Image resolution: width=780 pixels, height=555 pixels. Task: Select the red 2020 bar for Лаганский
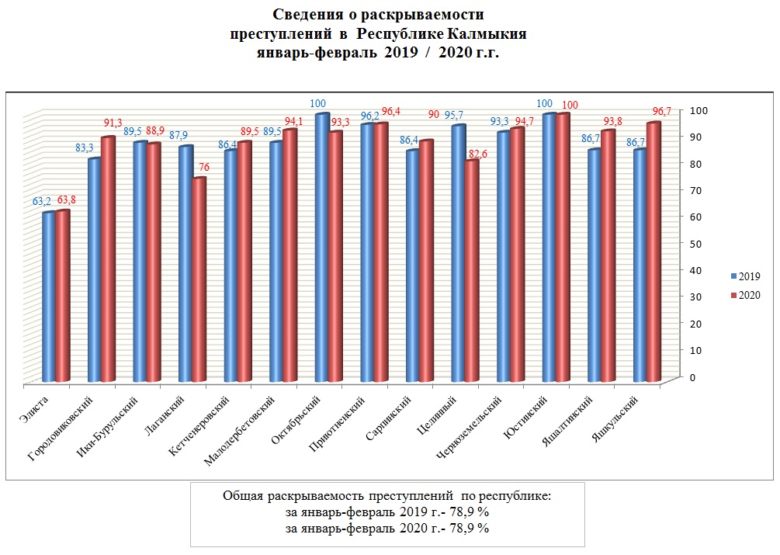pos(199,279)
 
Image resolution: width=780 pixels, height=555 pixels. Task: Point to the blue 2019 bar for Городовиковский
pos(94,269)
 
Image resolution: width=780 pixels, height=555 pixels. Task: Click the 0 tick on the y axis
pos(690,376)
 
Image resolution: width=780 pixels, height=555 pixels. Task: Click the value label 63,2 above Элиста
pos(43,202)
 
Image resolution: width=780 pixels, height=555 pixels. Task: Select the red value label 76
pos(203,168)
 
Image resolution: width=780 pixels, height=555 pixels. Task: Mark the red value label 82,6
pos(476,154)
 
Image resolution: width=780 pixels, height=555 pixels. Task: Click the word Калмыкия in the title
pos(487,34)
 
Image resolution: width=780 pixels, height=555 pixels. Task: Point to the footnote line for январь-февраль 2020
pos(387,529)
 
